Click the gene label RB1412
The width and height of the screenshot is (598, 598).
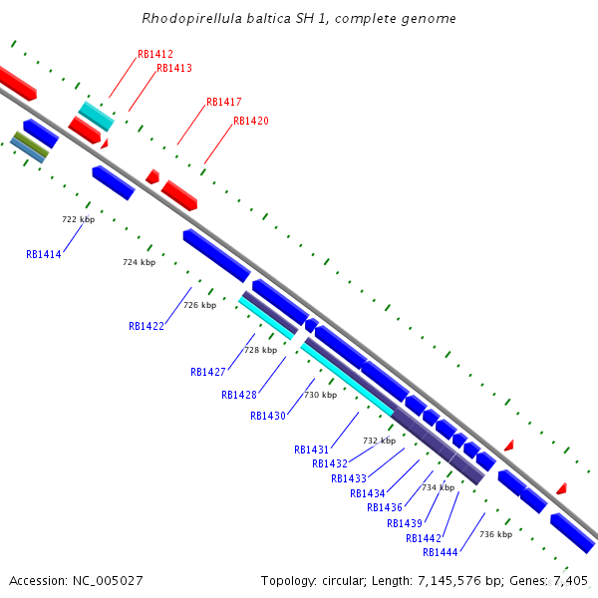[x=155, y=54]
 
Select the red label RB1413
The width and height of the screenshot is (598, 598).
[x=174, y=68]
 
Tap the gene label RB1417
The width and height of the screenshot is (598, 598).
[x=223, y=102]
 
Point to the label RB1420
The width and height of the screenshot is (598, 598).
[x=250, y=121]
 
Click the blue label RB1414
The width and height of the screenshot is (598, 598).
[x=44, y=254]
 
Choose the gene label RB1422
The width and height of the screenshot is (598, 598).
[x=147, y=326]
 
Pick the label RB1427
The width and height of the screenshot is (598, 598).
[x=208, y=372]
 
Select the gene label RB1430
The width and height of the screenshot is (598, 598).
[x=268, y=416]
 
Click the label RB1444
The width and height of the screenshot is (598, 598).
[x=441, y=552]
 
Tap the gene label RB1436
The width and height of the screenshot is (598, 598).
[x=385, y=507]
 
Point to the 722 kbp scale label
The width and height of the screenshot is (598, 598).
[x=78, y=219]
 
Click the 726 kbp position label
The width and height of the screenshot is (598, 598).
[x=199, y=305]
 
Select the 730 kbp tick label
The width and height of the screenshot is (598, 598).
[x=320, y=395]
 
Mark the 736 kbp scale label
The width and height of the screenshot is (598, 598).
[x=495, y=534]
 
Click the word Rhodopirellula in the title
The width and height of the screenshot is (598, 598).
[x=185, y=18]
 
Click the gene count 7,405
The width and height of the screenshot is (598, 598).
[x=570, y=580]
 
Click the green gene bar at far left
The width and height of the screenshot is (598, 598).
[x=30, y=144]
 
